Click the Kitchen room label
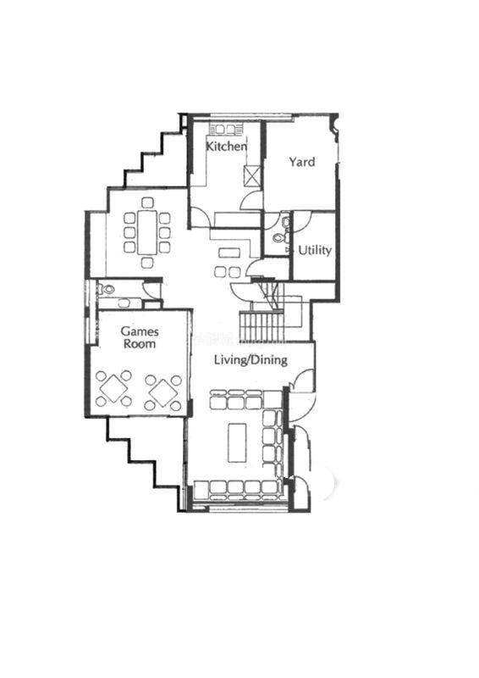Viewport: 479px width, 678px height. click(226, 146)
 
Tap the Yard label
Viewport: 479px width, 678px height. click(302, 162)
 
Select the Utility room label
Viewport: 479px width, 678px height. click(315, 250)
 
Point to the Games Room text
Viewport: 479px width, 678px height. click(140, 337)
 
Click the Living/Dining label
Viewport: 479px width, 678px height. click(251, 359)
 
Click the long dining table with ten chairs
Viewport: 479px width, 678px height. click(147, 232)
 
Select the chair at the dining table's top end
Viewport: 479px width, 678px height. click(147, 203)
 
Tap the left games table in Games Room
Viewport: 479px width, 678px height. click(113, 388)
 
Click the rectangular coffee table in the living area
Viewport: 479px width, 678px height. click(237, 442)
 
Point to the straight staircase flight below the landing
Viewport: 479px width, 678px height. click(262, 327)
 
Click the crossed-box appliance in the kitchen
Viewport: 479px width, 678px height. click(252, 175)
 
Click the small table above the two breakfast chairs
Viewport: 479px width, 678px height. click(229, 252)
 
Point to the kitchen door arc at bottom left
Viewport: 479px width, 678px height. click(201, 217)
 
